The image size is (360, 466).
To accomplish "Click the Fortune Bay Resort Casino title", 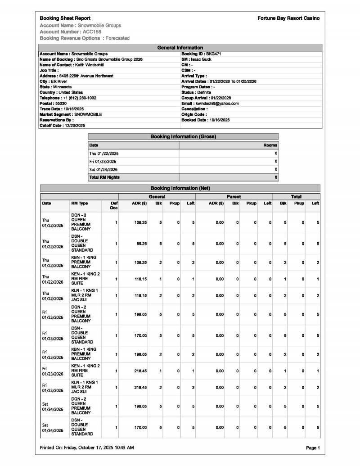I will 288,18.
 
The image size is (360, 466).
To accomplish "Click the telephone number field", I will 68,98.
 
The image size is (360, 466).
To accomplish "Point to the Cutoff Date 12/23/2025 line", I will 63,126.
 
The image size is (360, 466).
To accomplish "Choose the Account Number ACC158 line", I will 70,32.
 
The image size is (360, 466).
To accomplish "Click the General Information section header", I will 180,47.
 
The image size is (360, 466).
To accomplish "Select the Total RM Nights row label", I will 104,177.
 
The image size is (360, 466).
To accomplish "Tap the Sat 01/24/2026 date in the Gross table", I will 104,169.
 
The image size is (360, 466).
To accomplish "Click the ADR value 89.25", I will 141,244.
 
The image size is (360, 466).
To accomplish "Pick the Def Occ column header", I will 113,205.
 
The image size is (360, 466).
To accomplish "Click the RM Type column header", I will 80,204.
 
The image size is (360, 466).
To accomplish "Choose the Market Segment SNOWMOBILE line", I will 71,114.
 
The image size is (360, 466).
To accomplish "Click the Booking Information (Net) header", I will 180,188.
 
